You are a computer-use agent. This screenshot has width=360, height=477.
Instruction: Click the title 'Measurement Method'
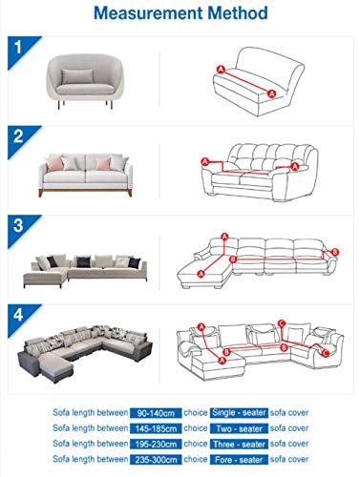[180, 15]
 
